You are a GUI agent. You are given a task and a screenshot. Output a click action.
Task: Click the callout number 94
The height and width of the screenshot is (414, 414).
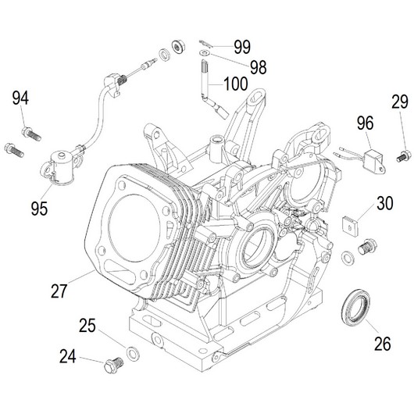tap(20, 98)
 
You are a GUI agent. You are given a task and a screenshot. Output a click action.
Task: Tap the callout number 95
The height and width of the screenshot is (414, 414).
tap(39, 209)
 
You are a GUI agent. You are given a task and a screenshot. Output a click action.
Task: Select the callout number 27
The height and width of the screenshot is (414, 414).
tap(59, 291)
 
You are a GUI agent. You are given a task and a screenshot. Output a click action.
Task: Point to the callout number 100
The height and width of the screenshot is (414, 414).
tap(236, 84)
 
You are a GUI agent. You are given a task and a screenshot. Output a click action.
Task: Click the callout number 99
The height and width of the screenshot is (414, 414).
tap(242, 47)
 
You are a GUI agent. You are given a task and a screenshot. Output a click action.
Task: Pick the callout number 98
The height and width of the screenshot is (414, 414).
tap(259, 67)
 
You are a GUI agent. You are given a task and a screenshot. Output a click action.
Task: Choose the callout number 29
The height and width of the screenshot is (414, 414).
tap(400, 102)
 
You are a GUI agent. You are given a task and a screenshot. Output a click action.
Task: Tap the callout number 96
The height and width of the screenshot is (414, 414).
tap(366, 123)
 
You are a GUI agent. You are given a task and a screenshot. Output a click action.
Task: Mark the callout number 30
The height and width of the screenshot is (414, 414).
tap(385, 203)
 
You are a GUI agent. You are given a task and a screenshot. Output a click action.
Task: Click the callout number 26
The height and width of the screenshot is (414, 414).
tap(383, 344)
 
